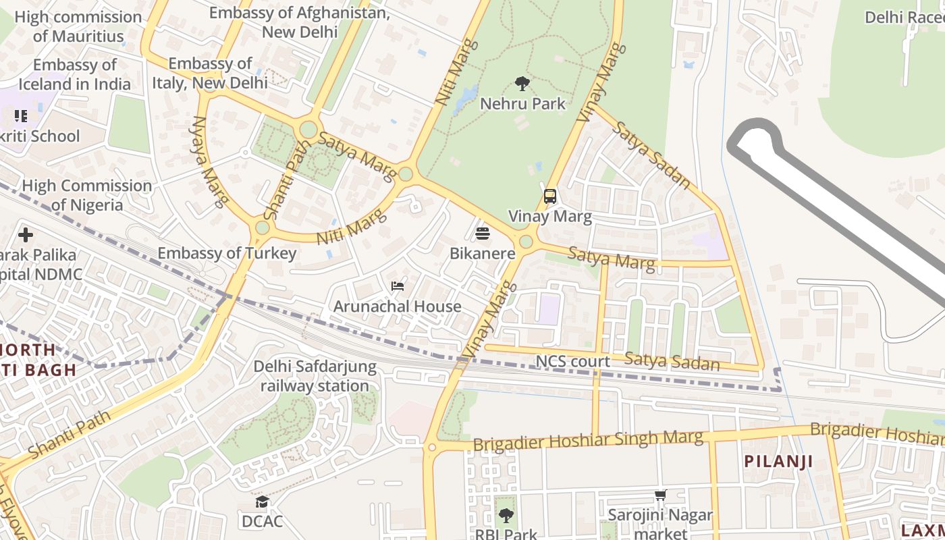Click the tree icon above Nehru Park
[522, 84]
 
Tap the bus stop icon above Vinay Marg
[550, 196]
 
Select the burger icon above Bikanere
[483, 234]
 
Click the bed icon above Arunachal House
[398, 286]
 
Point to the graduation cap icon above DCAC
[262, 502]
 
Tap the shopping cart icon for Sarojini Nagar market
[660, 495]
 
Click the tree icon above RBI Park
[506, 516]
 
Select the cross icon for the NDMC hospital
[26, 235]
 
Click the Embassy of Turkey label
[227, 253]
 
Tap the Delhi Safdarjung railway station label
[315, 376]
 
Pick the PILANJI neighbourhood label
[778, 462]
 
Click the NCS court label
[572, 362]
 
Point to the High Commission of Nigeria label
[87, 195]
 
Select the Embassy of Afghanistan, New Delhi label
[300, 22]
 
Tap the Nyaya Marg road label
[208, 161]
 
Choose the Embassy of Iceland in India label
[74, 74]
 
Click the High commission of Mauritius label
[78, 26]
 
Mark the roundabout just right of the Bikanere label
[526, 242]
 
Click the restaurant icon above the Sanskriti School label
[21, 116]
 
